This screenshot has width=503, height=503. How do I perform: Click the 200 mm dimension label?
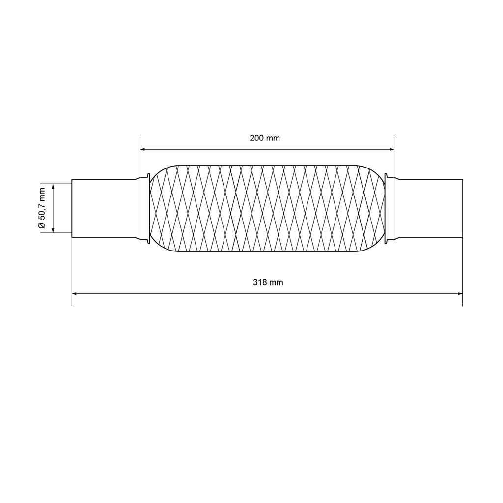[x=265, y=138]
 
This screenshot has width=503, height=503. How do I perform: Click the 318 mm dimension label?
[x=268, y=282]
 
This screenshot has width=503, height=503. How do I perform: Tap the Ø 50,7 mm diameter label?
[x=42, y=208]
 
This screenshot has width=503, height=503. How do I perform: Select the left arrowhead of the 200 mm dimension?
[x=143, y=149]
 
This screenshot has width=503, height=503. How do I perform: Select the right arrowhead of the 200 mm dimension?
[x=391, y=149]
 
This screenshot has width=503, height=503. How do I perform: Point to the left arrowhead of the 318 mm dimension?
[x=75, y=294]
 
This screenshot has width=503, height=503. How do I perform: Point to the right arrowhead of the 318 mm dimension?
[x=460, y=294]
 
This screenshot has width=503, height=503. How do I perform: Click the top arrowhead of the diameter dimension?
[x=53, y=187]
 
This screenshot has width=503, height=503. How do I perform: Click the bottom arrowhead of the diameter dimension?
[x=53, y=230]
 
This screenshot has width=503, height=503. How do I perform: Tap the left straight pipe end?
[x=104, y=208]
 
